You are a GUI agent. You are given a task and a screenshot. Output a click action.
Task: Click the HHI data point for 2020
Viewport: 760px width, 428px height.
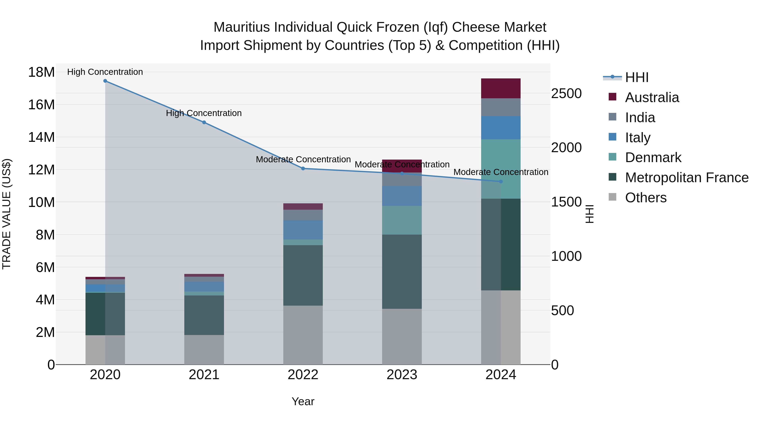tap(105, 81)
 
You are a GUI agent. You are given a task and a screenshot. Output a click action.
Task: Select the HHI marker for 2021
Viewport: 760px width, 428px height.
tap(204, 122)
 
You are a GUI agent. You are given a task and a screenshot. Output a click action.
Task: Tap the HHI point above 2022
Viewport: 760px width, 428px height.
tap(303, 169)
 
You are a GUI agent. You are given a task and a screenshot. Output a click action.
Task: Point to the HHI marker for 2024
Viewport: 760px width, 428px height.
tap(501, 182)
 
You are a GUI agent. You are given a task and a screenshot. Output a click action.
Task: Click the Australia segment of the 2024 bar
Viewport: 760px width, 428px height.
tap(501, 88)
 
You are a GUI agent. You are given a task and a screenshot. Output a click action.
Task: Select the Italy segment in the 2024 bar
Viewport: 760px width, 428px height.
tap(501, 128)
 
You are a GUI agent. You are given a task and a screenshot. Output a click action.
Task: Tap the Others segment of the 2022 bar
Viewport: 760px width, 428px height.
tap(303, 335)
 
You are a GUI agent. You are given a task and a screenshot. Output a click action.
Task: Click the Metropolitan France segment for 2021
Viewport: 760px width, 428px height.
tap(204, 315)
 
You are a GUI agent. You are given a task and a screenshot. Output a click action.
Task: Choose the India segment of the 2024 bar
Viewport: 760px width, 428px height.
tap(501, 107)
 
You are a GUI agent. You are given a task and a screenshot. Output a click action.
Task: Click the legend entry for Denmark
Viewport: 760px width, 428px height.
tap(653, 158)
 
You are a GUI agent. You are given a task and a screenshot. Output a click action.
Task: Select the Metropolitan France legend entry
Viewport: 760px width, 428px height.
tap(687, 178)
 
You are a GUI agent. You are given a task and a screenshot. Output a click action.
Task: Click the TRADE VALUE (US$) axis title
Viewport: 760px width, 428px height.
tap(7, 214)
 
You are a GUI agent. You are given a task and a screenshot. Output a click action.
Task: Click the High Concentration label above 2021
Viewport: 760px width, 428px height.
tap(204, 113)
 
